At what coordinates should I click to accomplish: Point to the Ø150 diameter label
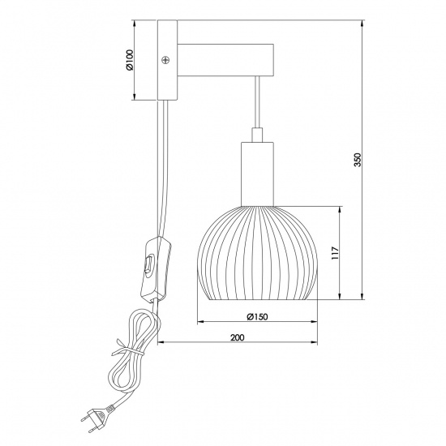point(256,317)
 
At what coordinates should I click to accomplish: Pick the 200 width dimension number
point(237,337)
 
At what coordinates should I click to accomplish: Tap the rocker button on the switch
point(148,262)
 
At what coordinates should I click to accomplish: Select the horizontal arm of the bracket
point(224,60)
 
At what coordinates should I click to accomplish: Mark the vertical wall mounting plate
point(165,61)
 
